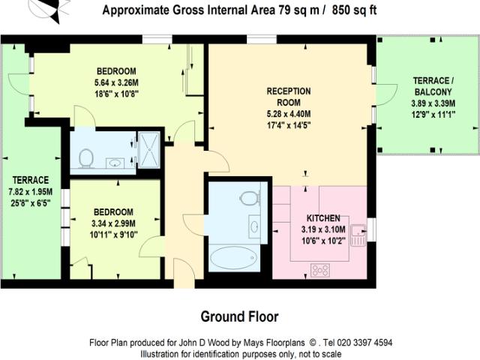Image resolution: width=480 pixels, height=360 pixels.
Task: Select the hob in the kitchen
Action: pyautogui.click(x=320, y=269)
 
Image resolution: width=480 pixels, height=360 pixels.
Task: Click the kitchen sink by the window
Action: pyautogui.click(x=359, y=230)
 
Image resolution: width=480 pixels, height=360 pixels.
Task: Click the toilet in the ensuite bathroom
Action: pyautogui.click(x=86, y=158)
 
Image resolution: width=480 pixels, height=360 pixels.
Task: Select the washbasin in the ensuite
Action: pyautogui.click(x=116, y=160)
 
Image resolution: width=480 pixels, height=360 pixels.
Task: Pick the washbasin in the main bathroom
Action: pyautogui.click(x=253, y=225)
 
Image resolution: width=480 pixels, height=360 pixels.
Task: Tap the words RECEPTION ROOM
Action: pyautogui.click(x=289, y=97)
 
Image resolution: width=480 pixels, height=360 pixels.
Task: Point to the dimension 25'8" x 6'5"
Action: pyautogui.click(x=30, y=202)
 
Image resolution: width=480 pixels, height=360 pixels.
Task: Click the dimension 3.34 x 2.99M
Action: pyautogui.click(x=113, y=223)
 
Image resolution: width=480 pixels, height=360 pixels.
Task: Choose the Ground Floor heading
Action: pyautogui.click(x=238, y=315)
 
